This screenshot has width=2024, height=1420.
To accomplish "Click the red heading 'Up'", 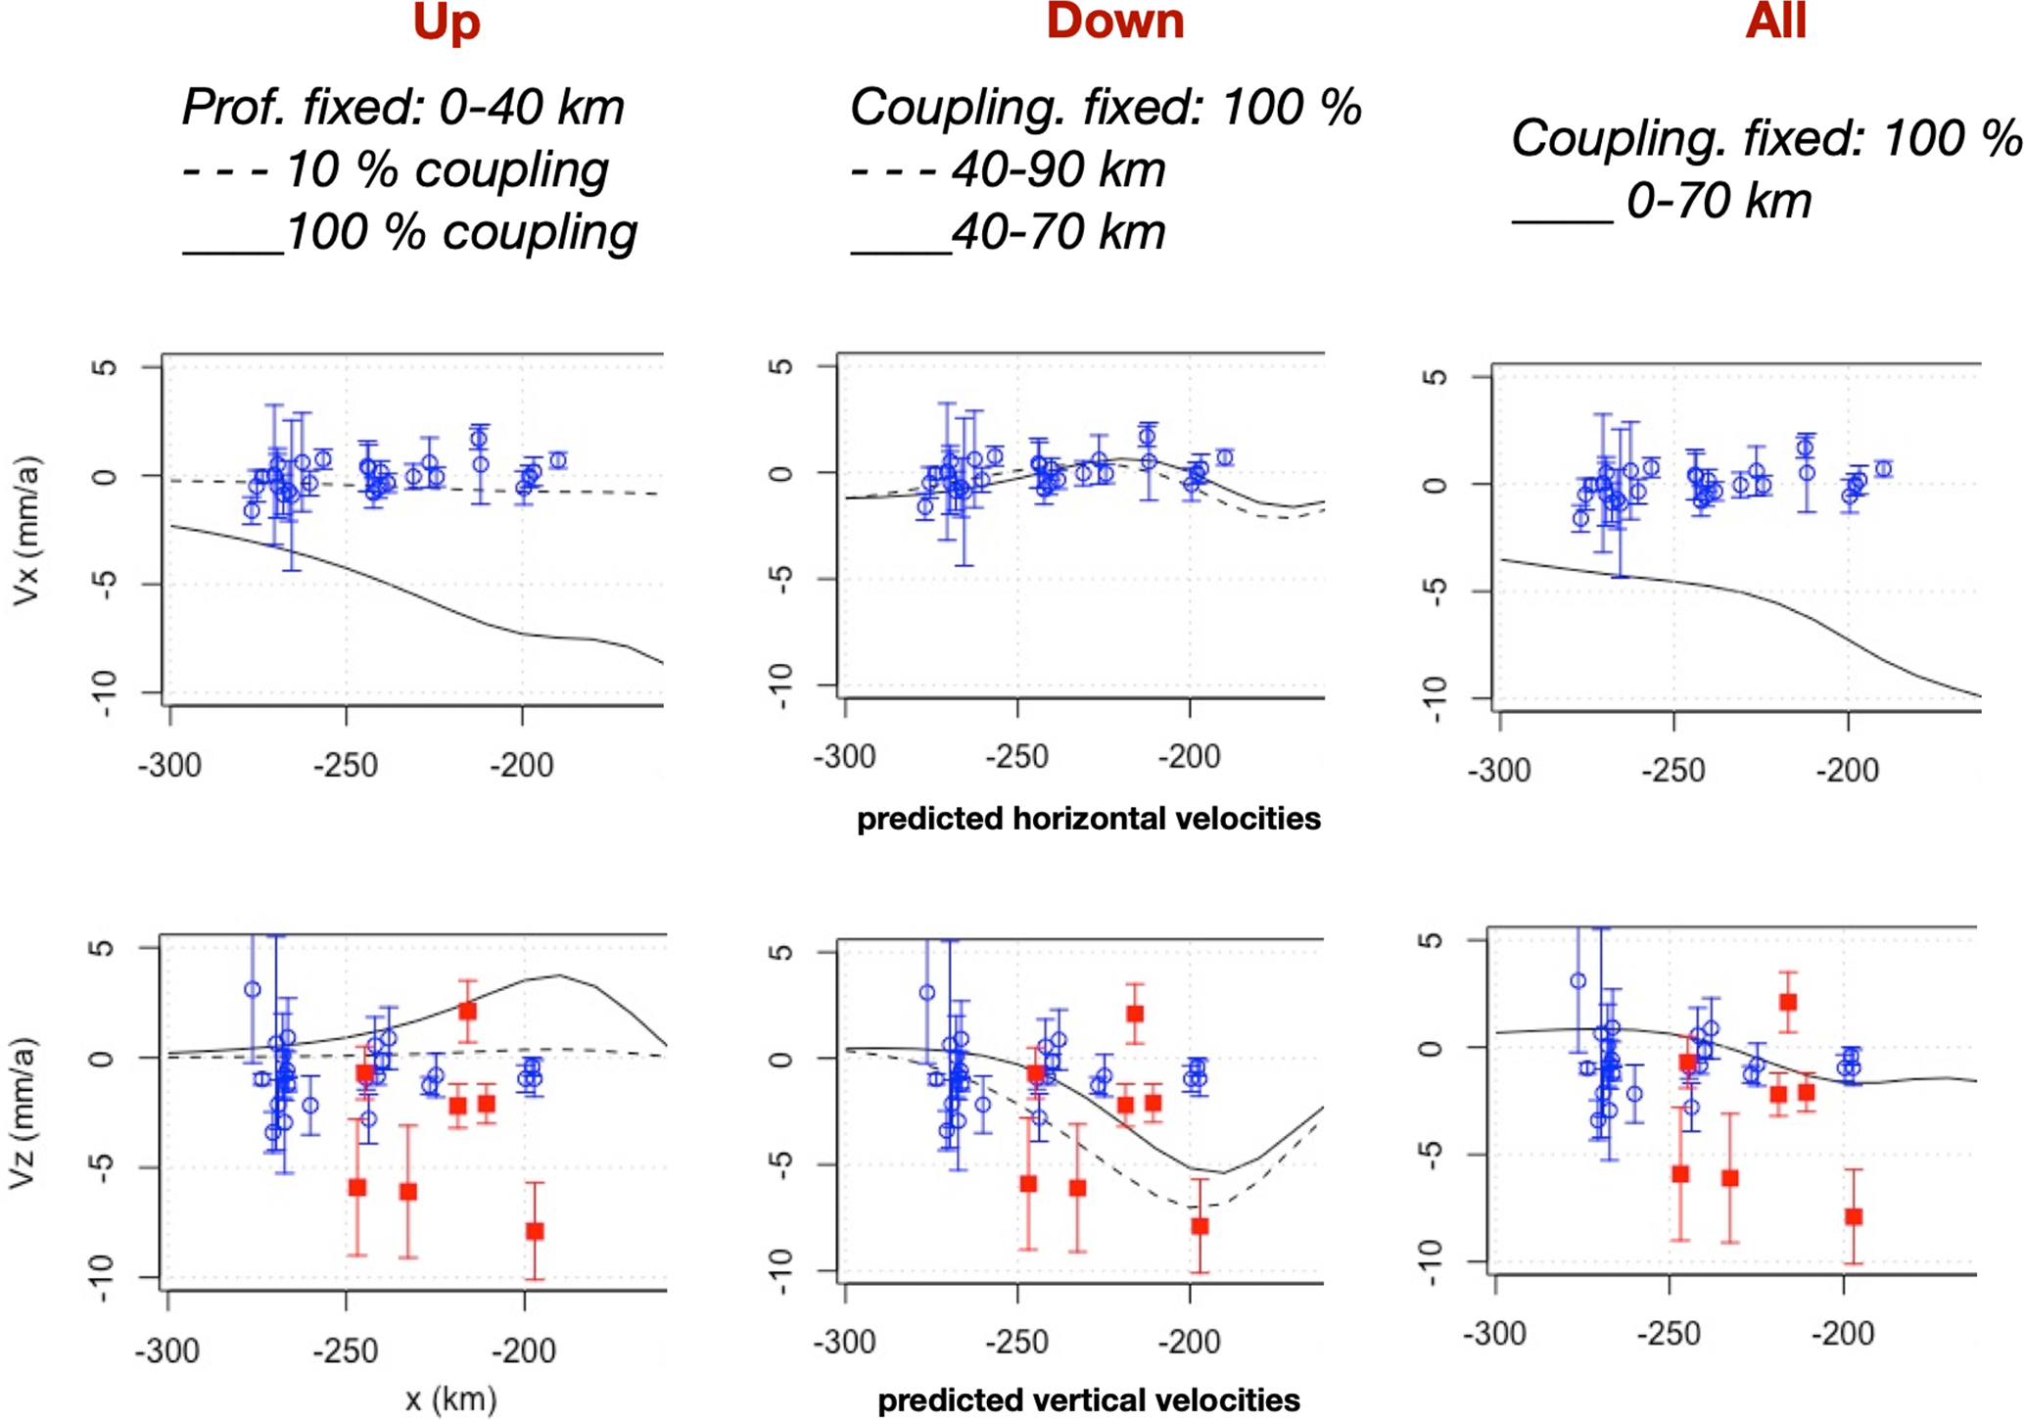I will click(447, 22).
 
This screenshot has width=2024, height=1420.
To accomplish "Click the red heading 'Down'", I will click(1114, 22).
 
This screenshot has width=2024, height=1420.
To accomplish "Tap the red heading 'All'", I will click(1775, 22).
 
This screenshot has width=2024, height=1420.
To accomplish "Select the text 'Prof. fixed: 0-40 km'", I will click(403, 107).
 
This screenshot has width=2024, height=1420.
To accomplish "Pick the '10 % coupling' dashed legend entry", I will click(396, 170).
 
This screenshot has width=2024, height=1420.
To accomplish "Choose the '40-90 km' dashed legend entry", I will click(1009, 170).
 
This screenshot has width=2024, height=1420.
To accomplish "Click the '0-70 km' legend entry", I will click(1662, 202).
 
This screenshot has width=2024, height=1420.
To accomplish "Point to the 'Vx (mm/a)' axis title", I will click(26, 530).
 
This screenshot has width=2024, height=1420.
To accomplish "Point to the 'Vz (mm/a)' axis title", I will click(24, 1112).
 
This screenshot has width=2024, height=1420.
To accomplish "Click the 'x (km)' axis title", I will click(450, 1398).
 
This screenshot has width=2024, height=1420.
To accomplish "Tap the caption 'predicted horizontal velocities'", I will click(1088, 818).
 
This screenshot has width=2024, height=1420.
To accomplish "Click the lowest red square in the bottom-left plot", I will click(535, 1231).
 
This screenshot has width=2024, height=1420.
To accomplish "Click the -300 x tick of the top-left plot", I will click(169, 764).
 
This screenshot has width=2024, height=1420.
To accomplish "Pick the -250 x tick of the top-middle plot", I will click(1017, 757).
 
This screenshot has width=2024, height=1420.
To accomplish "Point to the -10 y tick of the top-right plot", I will click(1434, 699).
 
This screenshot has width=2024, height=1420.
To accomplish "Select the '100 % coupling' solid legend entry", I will click(411, 233).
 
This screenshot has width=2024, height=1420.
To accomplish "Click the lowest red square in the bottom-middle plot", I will click(1200, 1226).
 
